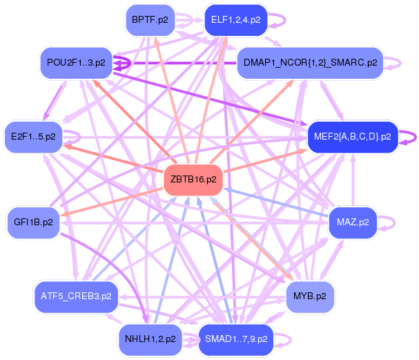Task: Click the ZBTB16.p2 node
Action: coord(193,179)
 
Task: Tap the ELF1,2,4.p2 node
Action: coord(236,20)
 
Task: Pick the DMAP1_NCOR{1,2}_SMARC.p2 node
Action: coord(310,63)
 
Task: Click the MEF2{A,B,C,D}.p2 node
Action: coord(352,135)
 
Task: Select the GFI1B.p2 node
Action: coord(33,222)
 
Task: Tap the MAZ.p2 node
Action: coord(353,222)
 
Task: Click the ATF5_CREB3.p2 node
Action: coord(77,296)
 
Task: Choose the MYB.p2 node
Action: coord(310,296)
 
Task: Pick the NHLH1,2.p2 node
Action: coord(149,339)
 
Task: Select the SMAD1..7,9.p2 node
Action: coord(236,339)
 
